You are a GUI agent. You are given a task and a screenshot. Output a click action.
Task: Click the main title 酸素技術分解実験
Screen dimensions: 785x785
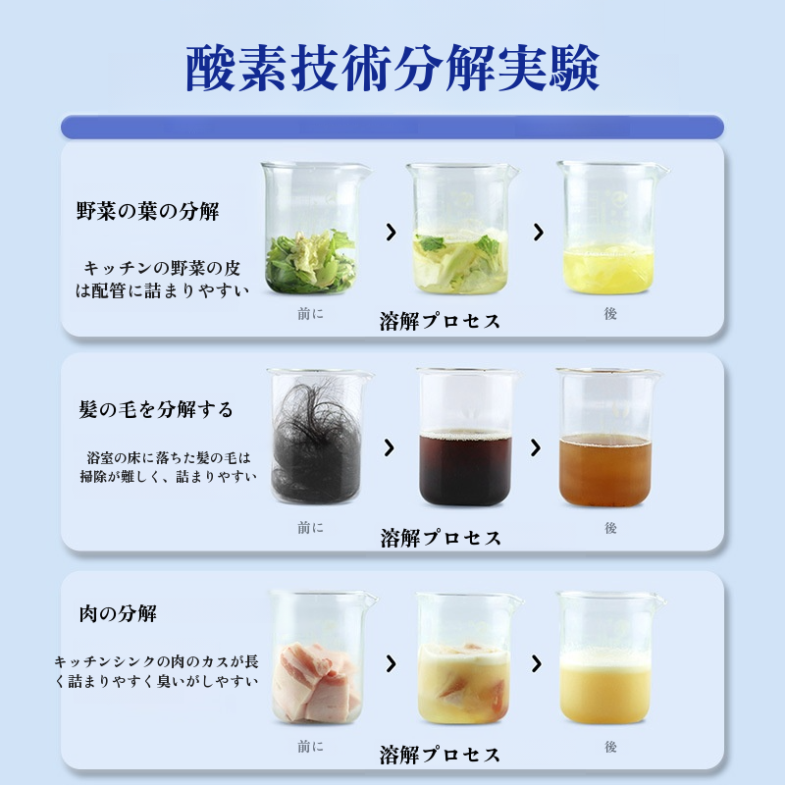[392, 68]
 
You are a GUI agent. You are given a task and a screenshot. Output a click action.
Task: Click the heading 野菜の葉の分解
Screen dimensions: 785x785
[148, 211]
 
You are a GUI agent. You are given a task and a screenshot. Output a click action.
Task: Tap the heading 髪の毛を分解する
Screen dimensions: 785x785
[156, 409]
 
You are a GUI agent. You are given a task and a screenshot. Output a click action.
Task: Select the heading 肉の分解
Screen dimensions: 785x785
[118, 615]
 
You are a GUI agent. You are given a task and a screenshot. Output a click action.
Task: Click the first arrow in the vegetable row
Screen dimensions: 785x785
[392, 233]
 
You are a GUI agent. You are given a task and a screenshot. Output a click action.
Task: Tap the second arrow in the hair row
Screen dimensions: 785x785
[536, 447]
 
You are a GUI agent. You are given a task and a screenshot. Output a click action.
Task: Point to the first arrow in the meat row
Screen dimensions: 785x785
[392, 663]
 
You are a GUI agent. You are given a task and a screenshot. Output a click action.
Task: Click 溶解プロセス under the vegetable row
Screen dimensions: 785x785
[440, 322]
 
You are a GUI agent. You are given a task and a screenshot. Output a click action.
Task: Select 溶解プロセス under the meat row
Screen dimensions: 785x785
[440, 755]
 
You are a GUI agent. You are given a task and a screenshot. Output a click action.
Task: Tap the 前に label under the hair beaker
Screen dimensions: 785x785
[310, 528]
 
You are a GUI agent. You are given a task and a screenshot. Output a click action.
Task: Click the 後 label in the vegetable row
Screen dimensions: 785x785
[610, 314]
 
